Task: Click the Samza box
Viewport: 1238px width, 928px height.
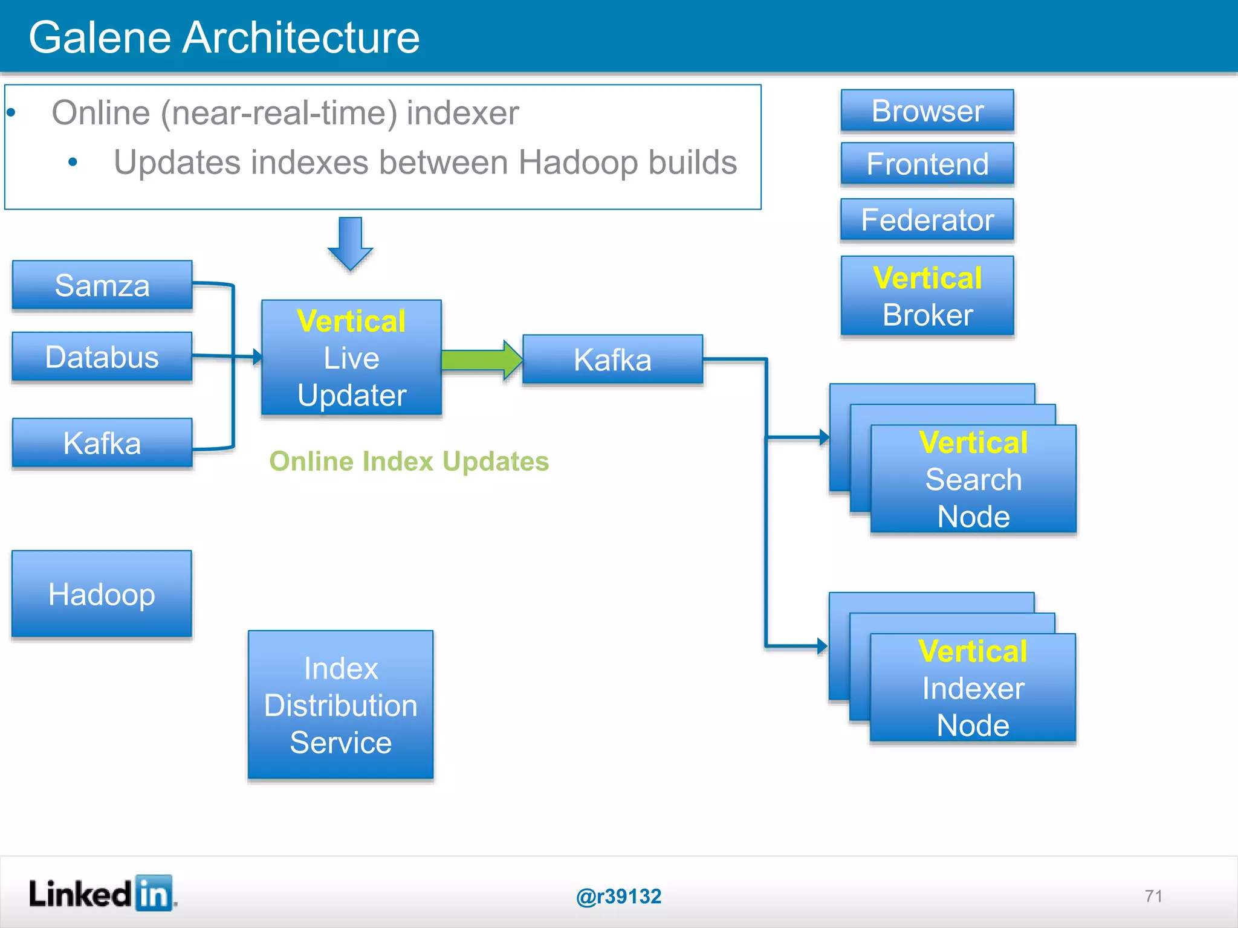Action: click(102, 285)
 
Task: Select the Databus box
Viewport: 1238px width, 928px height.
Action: click(102, 356)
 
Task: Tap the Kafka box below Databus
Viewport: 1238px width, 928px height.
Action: click(102, 443)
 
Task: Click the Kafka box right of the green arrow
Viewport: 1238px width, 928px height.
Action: click(612, 359)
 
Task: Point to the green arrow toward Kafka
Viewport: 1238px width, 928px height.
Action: click(481, 360)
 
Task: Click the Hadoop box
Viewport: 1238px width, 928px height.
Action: click(102, 594)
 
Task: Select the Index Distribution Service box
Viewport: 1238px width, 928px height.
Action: click(340, 705)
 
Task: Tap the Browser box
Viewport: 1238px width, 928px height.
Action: click(927, 111)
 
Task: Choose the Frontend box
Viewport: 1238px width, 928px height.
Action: click(927, 164)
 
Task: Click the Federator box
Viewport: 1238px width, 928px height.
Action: click(927, 219)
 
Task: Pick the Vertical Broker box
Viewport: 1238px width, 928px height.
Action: click(927, 296)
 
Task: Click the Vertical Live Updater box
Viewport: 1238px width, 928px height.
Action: click(351, 358)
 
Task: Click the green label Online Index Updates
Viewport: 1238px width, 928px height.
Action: click(409, 461)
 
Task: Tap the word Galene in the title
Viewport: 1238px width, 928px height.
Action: click(100, 37)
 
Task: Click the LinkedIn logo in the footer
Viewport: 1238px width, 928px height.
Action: click(102, 894)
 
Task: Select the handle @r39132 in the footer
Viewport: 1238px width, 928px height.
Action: click(618, 896)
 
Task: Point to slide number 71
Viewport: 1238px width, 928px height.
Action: click(1153, 896)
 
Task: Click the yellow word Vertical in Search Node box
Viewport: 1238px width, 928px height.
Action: click(973, 442)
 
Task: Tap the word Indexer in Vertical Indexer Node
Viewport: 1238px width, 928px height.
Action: click(973, 688)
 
